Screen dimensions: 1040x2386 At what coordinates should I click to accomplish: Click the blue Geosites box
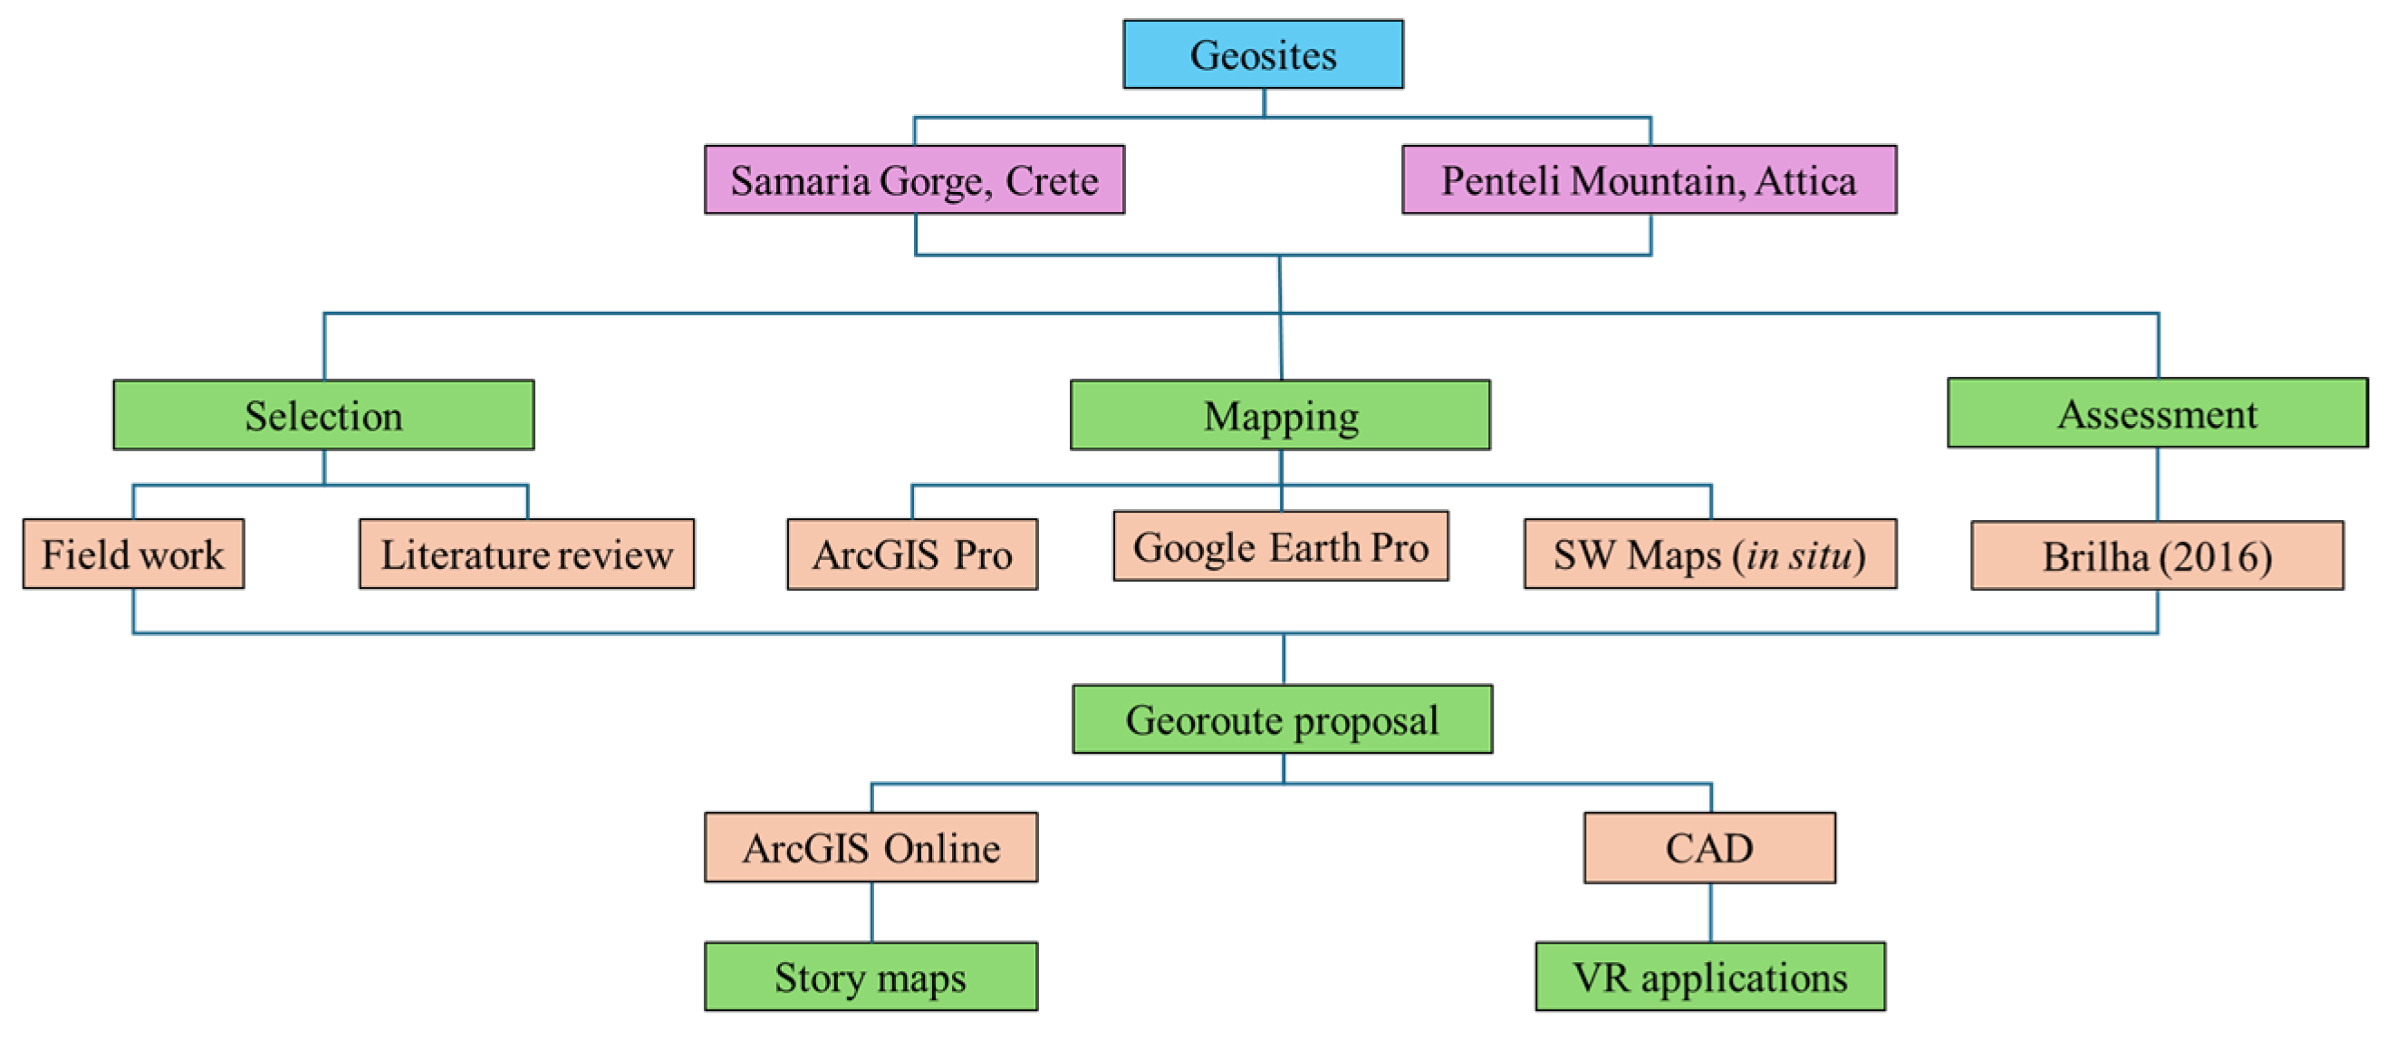pyautogui.click(x=1263, y=54)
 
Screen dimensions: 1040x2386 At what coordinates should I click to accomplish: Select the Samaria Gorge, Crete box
pyautogui.click(x=914, y=179)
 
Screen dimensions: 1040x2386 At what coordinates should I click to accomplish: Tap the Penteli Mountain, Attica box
pyautogui.click(x=1649, y=179)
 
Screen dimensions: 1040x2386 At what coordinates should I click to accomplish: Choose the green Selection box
pyautogui.click(x=323, y=415)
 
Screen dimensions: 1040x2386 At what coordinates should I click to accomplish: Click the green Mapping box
pyautogui.click(x=1280, y=415)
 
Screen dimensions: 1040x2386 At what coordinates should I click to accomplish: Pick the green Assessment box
pyautogui.click(x=2157, y=413)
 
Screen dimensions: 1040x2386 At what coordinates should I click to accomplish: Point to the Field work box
pyautogui.click(x=133, y=554)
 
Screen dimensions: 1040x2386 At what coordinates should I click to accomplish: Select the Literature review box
pyautogui.click(x=526, y=554)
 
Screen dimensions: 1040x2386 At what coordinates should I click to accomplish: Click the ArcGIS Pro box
pyautogui.click(x=912, y=554)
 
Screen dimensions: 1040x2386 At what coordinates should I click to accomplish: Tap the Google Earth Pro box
pyautogui.click(x=1280, y=546)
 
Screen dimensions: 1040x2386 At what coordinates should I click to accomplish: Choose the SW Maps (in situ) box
pyautogui.click(x=1710, y=554)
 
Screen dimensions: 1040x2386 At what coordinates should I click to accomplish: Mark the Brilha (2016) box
pyautogui.click(x=2157, y=555)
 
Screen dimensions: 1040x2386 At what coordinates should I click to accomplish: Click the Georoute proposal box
pyautogui.click(x=1282, y=719)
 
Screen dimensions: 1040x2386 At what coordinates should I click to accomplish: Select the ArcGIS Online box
pyautogui.click(x=871, y=847)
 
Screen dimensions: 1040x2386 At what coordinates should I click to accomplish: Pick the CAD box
pyautogui.click(x=1709, y=847)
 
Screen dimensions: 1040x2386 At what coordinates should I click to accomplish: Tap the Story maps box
pyautogui.click(x=871, y=977)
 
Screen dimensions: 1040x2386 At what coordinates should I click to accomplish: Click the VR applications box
pyautogui.click(x=1710, y=977)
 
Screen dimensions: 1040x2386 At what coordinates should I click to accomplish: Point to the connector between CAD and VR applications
pyautogui.click(x=1711, y=912)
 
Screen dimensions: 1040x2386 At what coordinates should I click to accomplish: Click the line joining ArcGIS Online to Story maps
pyautogui.click(x=871, y=912)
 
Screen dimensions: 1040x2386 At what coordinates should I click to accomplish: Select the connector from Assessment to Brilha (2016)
pyautogui.click(x=2158, y=485)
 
